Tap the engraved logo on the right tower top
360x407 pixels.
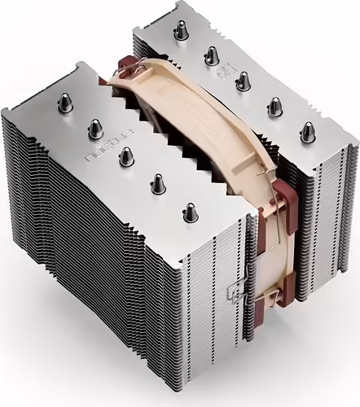(222, 73)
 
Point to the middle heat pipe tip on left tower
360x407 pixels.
(125, 154)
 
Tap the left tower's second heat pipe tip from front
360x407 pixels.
(156, 184)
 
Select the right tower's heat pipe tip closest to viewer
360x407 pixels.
(307, 130)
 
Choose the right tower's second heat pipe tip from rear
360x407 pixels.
(211, 55)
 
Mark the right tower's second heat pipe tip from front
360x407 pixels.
(274, 106)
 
